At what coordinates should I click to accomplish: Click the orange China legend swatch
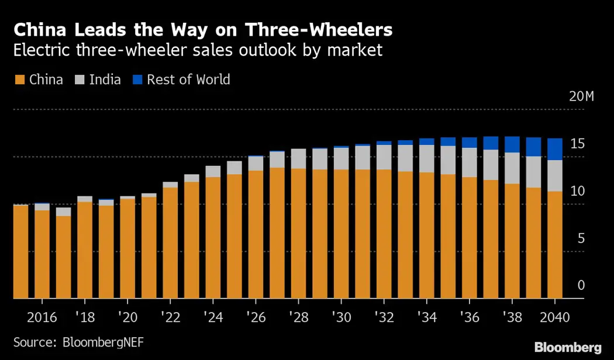click(x=19, y=79)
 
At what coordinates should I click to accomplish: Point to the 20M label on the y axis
click(x=581, y=97)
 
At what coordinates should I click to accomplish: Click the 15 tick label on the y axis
click(x=578, y=144)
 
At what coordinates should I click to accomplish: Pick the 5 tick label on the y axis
click(x=581, y=238)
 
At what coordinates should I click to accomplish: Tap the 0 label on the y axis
click(x=581, y=285)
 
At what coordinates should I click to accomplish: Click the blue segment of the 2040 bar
click(x=554, y=149)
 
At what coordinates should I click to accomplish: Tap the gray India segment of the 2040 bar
click(x=554, y=175)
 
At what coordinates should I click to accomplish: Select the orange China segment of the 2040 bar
click(x=554, y=245)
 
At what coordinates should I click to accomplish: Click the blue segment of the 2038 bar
click(x=512, y=144)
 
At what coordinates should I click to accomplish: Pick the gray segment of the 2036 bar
click(x=469, y=162)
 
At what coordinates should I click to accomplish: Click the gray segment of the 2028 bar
click(x=298, y=158)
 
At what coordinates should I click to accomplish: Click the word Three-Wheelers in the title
click(x=319, y=30)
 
